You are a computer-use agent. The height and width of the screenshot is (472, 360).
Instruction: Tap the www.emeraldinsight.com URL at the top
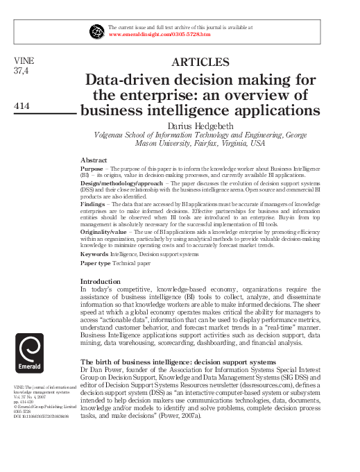[159, 33]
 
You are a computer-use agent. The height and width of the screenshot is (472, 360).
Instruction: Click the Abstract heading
[94, 160]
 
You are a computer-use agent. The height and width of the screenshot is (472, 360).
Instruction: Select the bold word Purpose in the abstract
[92, 169]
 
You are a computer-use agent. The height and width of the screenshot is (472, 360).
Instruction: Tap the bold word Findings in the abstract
[93, 205]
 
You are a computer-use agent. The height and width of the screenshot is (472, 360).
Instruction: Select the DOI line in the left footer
[44, 416]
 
